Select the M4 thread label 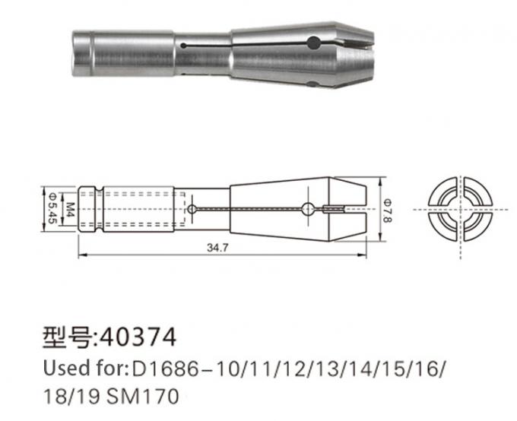click(x=68, y=207)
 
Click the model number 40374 click(x=136, y=334)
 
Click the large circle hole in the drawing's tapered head click(x=308, y=209)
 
